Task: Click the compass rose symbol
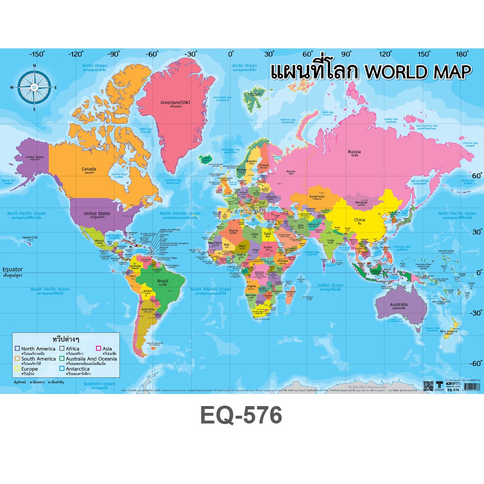click(34, 87)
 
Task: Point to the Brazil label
click(162, 281)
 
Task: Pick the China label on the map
click(359, 220)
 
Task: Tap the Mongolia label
click(362, 202)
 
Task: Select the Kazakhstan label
click(317, 197)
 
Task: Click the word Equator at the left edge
click(13, 269)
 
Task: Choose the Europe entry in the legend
click(29, 369)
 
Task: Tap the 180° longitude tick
click(462, 54)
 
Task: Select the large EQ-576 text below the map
click(241, 415)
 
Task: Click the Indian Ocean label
click(330, 286)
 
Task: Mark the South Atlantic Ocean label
click(211, 289)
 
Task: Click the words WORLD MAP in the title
click(417, 72)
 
